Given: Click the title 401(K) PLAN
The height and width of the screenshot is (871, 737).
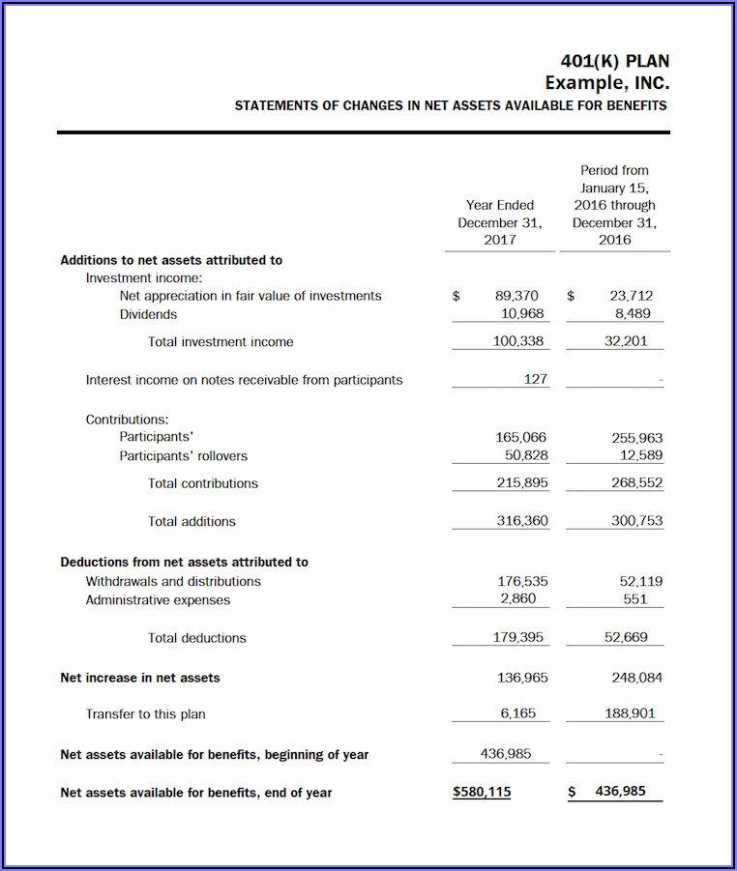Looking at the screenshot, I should coord(614,62).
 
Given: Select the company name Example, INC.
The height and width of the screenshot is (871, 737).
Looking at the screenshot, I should coord(606,83).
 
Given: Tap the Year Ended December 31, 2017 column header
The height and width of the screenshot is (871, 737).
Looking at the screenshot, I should coord(500,222).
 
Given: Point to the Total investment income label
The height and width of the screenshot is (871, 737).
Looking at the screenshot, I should coord(221,342).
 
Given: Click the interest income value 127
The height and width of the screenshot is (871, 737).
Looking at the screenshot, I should coord(536,380).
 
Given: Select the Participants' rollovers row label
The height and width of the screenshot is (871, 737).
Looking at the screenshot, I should coord(183,456).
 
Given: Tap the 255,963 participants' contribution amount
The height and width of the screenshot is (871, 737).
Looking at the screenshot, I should coord(636,438).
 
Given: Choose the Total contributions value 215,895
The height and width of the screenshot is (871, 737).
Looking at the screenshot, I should coord(522,482).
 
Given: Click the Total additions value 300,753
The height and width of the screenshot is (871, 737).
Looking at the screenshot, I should coord(636,521).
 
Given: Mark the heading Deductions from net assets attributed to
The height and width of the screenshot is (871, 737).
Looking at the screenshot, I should coord(184,562).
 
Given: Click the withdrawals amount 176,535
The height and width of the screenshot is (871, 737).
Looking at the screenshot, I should coord(522,581).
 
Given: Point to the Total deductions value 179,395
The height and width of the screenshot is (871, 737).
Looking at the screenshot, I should coord(518,638).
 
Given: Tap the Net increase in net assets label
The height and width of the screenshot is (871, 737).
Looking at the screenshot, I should coord(140,678).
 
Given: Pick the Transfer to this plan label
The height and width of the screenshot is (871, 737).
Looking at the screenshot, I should coord(145,714).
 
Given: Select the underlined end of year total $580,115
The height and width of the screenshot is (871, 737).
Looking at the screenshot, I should coord(482,792).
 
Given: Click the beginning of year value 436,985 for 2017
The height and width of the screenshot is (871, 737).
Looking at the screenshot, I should coord(506,753).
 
